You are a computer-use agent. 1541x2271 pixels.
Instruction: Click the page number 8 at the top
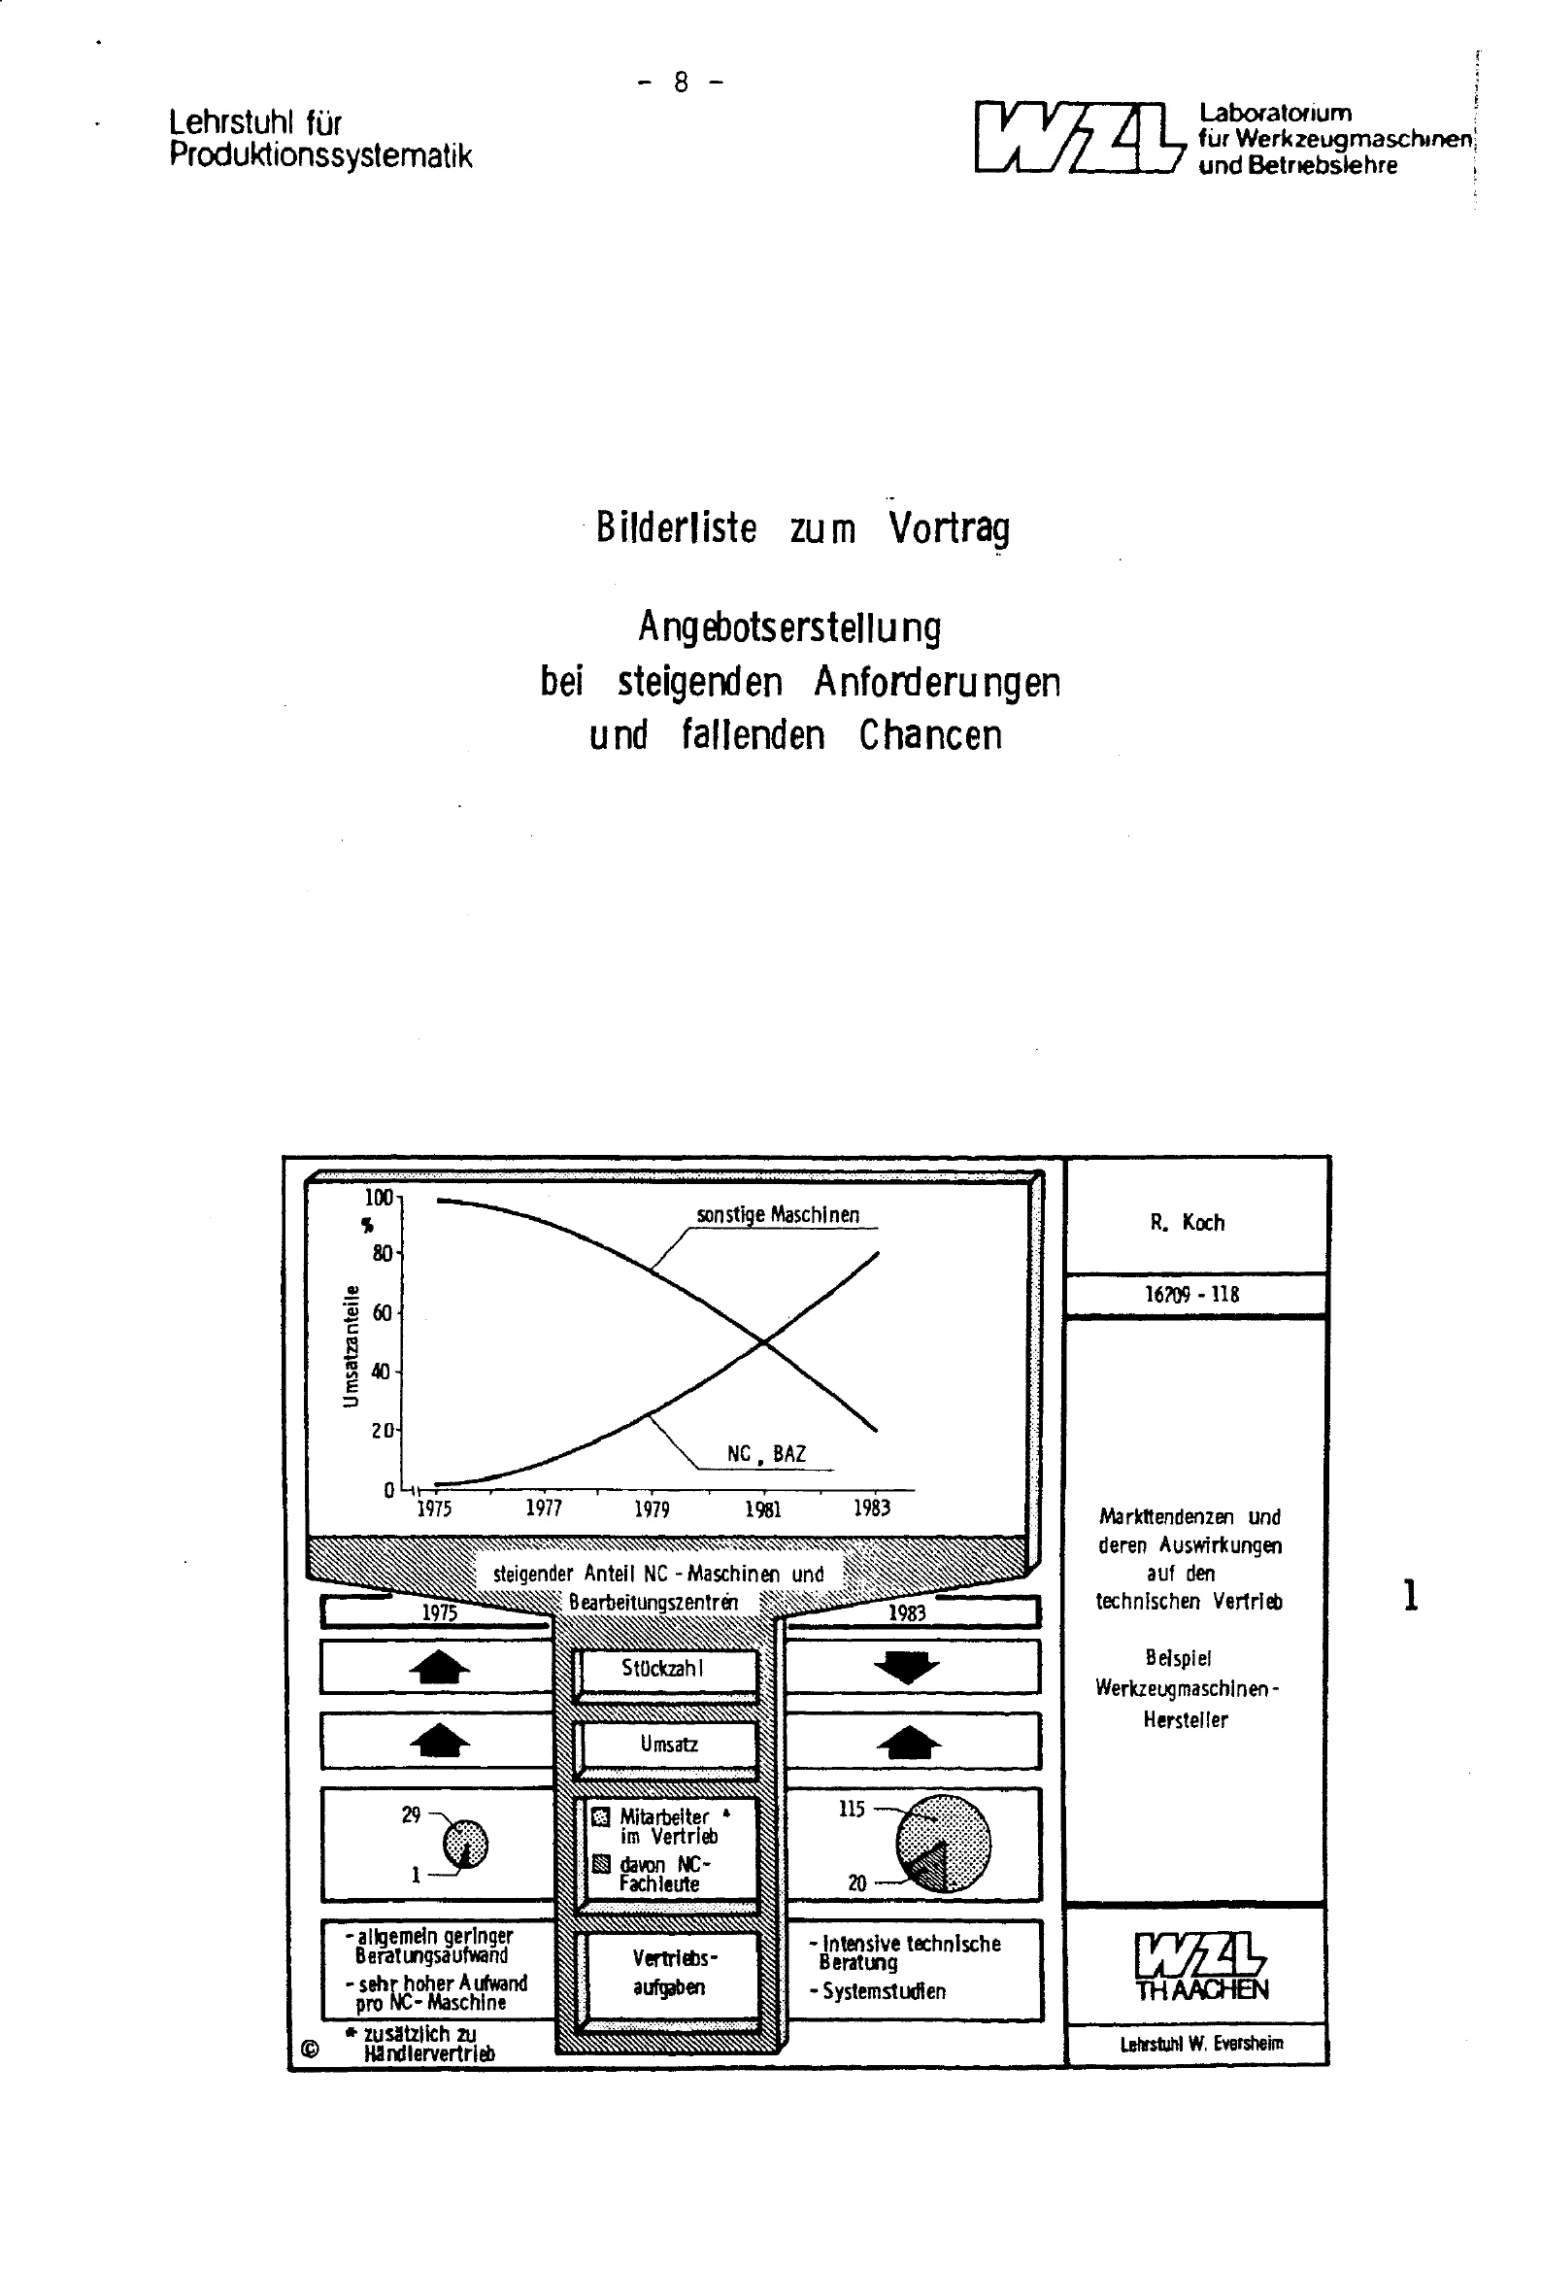680,84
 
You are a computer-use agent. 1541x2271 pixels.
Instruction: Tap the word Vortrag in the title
949,528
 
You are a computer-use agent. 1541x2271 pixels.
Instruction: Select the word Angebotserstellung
789,627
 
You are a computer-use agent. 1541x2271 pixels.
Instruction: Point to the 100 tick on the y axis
379,1198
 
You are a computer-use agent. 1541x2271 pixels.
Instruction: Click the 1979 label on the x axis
652,1508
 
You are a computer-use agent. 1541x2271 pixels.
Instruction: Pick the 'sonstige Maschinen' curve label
778,1214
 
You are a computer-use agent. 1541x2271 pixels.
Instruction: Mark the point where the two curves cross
763,1342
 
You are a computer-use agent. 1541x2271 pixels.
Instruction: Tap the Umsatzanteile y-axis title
351,1345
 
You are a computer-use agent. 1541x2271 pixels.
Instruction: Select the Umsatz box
668,1745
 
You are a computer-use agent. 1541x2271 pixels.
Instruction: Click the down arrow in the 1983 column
906,1667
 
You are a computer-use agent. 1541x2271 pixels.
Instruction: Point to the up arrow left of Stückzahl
440,1667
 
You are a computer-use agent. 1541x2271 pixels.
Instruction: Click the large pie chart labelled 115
942,1842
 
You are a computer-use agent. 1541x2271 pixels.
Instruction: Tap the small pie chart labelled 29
465,1844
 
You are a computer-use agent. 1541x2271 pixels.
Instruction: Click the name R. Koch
1188,1223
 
